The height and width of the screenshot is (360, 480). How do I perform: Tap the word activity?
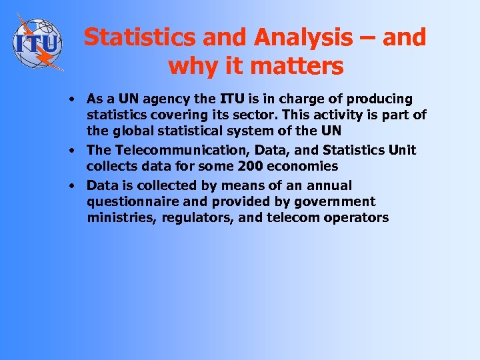[x=352, y=115]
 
